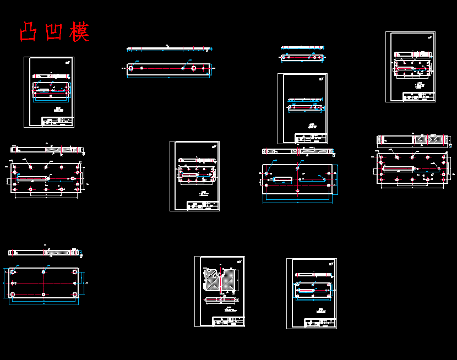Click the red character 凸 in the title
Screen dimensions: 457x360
pos(28,32)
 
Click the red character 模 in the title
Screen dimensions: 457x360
pos(79,32)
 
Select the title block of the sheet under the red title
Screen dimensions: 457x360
pos(58,121)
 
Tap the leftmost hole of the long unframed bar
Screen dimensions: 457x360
pos(130,68)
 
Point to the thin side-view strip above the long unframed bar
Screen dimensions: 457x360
pos(168,49)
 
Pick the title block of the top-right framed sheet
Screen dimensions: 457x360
pos(419,96)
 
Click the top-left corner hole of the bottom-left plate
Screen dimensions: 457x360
pos(13,272)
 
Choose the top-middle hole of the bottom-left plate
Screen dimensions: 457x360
pos(44,272)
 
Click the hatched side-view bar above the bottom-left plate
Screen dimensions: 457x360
pos(44,253)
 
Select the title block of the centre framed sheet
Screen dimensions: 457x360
pos(203,205)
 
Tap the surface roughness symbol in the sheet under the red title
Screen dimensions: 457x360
pos(67,62)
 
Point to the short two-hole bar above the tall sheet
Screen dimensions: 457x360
pos(302,57)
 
